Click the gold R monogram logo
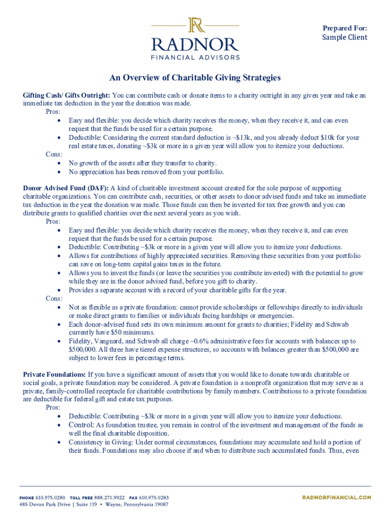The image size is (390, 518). tap(196, 25)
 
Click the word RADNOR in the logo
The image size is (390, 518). tap(196, 44)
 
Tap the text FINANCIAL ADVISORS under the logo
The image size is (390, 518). tap(196, 57)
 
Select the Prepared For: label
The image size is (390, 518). tap(345, 28)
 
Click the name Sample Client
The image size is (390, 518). tap(345, 37)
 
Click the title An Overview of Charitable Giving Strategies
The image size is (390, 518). tap(195, 78)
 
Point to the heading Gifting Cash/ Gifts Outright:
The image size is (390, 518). tap(66, 95)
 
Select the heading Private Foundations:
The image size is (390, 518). tap(55, 375)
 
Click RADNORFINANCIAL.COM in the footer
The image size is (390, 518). tap(336, 498)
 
